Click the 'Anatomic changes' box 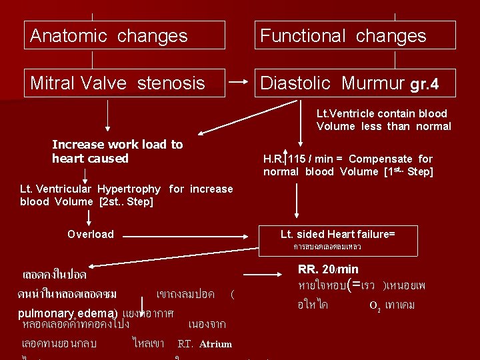pos(124,35)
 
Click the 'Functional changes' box pos(355,35)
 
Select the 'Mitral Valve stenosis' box pos(124,83)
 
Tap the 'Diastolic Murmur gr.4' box pos(355,83)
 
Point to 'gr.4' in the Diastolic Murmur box pos(425,85)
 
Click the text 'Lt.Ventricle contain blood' pos(381,114)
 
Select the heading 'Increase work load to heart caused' pos(117,151)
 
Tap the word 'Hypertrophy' pos(129,189)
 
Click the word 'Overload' pos(91,234)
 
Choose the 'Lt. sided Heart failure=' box pos(337,234)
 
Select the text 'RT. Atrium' pos(205,344)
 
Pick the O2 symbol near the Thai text pos(373,305)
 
